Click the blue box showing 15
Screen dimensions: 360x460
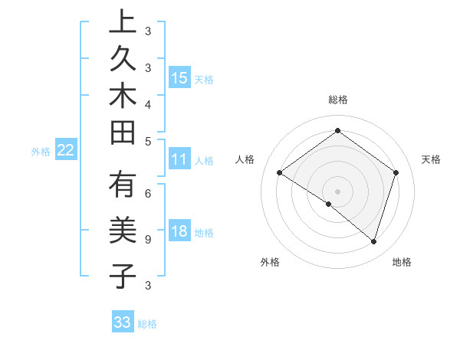(179, 78)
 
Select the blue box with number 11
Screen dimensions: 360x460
(179, 159)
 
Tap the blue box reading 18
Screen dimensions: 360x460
(179, 232)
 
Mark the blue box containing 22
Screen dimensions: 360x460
(66, 150)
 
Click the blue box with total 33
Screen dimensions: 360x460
(123, 322)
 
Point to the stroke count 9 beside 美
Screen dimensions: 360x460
(148, 240)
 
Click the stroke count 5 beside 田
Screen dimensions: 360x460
(148, 141)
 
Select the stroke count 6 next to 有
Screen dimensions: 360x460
(148, 193)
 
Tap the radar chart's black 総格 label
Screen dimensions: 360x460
(337, 100)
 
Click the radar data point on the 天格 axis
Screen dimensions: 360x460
(396, 173)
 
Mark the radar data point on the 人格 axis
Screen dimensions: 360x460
(280, 173)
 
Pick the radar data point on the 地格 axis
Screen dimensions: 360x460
(373, 241)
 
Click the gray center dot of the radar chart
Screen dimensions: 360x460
(337, 191)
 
